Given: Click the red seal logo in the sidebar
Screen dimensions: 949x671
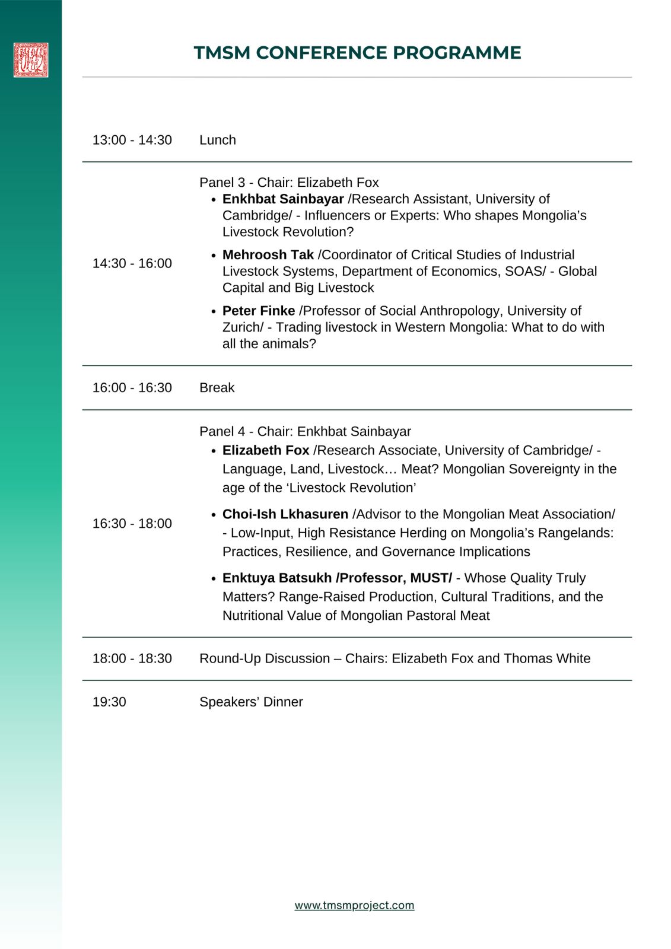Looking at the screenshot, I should [31, 60].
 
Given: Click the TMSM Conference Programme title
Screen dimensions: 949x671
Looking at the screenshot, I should [357, 53].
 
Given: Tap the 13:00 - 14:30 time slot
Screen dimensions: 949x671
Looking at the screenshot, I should [132, 140].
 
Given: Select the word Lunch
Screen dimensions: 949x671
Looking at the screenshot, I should [218, 140].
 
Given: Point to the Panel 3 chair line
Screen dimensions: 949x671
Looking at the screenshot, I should [289, 182].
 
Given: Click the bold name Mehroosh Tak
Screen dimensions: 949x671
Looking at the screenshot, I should [268, 254].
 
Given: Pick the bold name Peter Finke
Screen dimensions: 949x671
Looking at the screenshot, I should [259, 311].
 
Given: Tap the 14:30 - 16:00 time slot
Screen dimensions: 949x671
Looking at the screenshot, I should [132, 263].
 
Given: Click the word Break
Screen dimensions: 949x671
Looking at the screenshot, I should [217, 388].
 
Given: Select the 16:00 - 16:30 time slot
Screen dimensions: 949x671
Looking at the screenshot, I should [132, 388].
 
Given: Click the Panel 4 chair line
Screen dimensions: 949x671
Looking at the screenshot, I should [305, 431].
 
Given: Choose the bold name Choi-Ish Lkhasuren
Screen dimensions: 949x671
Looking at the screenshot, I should [285, 514].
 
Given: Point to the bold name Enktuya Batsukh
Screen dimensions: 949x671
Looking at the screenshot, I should [277, 578].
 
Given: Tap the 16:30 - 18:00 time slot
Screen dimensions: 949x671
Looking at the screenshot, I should [132, 524].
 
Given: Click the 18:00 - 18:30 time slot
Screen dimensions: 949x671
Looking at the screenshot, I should [132, 658].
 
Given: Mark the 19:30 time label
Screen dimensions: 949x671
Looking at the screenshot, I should [109, 702].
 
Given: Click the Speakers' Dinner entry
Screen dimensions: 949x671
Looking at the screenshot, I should [251, 702].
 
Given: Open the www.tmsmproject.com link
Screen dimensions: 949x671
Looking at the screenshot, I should [354, 905].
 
